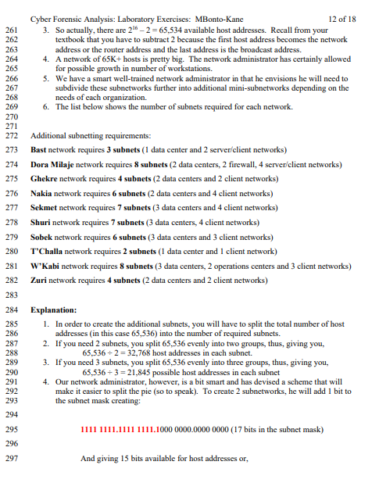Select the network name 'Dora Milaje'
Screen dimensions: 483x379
click(51, 166)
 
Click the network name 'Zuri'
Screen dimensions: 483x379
click(39, 279)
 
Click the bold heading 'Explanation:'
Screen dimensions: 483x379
click(53, 309)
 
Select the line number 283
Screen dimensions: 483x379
click(11, 294)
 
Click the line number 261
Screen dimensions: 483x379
click(11, 29)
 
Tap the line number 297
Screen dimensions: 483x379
click(11, 458)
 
